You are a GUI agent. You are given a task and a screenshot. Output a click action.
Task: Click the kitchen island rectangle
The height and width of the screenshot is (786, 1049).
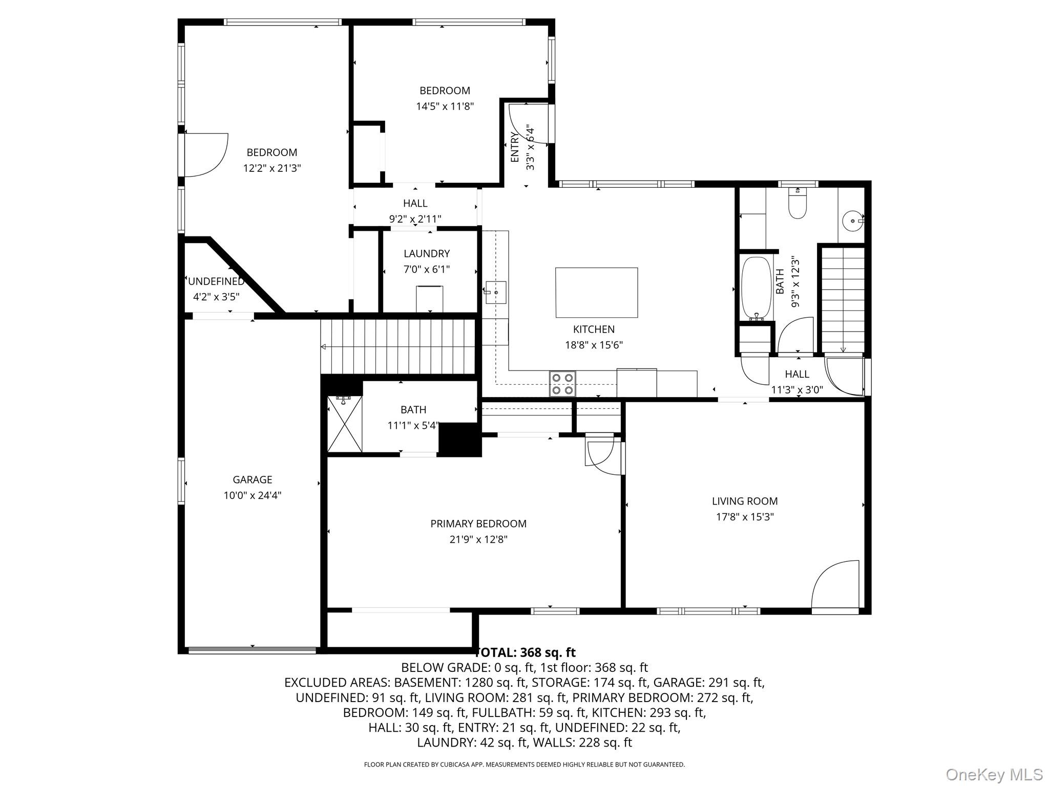596,292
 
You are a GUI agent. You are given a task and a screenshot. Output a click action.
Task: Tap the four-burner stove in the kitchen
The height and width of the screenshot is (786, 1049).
562,384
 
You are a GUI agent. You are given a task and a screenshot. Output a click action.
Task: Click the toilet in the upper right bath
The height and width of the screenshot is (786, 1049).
798,205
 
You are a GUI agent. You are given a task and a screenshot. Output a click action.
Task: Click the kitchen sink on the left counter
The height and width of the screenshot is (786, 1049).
495,292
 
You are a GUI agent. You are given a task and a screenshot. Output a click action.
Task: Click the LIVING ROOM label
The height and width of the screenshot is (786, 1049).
744,501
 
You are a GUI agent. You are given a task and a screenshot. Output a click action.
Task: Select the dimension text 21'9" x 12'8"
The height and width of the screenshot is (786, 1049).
478,539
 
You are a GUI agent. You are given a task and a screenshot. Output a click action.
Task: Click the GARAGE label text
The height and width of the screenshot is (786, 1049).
252,479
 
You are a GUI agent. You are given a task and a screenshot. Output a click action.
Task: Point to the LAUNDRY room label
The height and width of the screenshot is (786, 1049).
426,253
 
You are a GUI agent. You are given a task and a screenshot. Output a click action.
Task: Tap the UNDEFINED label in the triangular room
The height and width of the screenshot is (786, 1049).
216,281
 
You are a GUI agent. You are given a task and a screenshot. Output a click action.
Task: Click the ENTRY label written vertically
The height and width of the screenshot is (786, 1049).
515,147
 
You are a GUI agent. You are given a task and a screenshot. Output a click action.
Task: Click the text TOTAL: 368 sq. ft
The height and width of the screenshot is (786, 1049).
526,652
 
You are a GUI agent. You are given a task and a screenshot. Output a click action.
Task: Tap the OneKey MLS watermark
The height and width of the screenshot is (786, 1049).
993,774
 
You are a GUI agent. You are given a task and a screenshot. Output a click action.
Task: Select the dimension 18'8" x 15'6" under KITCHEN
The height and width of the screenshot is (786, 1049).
593,345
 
